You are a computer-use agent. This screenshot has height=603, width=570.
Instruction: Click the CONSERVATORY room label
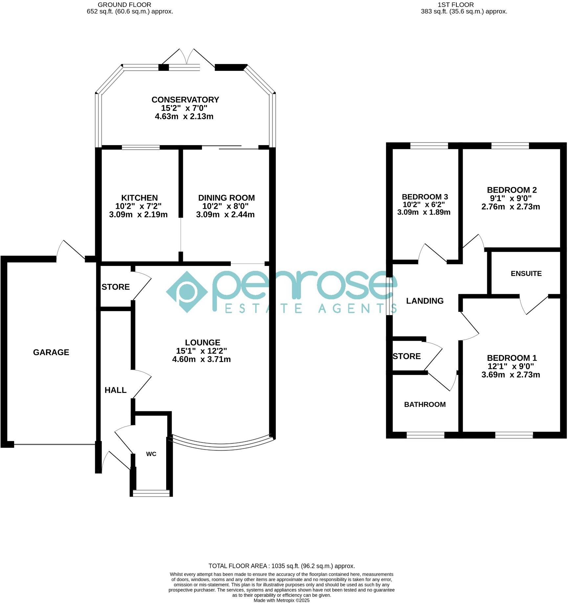(x=185, y=99)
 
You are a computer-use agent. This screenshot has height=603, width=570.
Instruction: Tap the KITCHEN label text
(x=139, y=198)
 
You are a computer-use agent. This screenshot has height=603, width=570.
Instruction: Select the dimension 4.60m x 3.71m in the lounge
(x=201, y=359)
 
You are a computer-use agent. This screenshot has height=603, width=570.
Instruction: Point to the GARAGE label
(x=51, y=352)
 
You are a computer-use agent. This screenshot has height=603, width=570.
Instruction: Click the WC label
(x=151, y=454)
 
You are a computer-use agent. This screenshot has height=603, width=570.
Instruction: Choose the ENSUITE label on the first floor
(x=526, y=273)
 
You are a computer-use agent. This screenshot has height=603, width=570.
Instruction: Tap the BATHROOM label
(x=425, y=404)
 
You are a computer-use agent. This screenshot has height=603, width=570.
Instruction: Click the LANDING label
(x=425, y=301)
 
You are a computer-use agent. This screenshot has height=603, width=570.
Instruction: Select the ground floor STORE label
(x=116, y=287)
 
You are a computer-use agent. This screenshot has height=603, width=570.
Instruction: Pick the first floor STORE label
(x=406, y=356)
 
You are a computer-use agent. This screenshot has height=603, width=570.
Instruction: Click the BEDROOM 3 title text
(x=425, y=197)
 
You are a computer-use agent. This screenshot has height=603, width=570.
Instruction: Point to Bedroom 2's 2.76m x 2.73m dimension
(x=511, y=206)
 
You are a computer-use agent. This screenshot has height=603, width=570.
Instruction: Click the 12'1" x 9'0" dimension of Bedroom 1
(x=511, y=366)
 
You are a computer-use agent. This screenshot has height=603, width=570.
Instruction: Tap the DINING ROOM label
(x=226, y=198)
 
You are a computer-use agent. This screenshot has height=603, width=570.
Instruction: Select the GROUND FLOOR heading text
(x=124, y=5)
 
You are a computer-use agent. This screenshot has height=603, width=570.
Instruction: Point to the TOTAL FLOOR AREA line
(x=282, y=566)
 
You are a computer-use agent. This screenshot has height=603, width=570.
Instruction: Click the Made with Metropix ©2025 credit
(x=281, y=600)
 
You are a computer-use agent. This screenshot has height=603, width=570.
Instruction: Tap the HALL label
(x=115, y=390)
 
